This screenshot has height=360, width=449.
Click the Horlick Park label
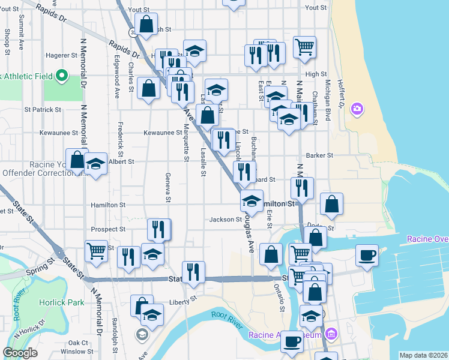(62, 302)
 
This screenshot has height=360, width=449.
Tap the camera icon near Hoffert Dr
(357, 109)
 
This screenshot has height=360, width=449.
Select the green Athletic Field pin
(61, 76)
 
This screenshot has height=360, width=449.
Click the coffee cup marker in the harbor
(367, 255)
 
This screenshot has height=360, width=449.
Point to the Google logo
(20, 353)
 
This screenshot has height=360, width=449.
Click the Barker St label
(319, 155)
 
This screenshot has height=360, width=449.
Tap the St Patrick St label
(43, 110)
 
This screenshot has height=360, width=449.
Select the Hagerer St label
(59, 55)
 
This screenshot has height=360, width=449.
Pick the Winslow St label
(76, 351)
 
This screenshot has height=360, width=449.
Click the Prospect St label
(108, 229)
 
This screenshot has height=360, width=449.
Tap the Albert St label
(121, 161)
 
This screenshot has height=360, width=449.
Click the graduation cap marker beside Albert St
(95, 164)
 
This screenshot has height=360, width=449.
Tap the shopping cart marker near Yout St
(305, 46)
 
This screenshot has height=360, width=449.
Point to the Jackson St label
(225, 220)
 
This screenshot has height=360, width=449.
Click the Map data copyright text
(424, 355)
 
